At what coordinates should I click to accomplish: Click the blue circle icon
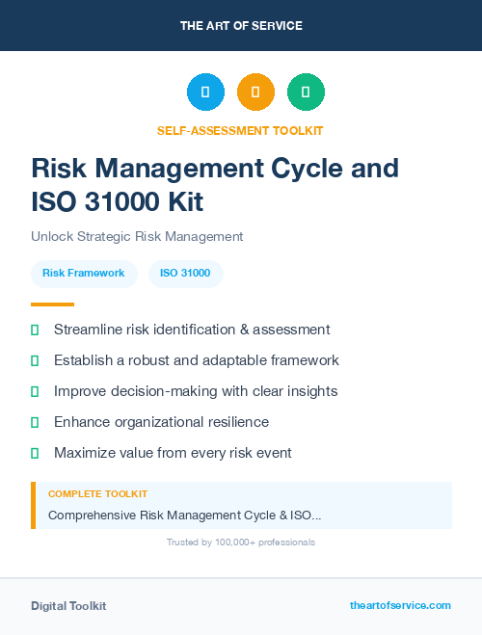[205, 93]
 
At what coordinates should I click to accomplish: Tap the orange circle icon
[255, 93]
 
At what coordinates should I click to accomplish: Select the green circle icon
[306, 93]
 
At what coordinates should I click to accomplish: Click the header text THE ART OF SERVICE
[241, 26]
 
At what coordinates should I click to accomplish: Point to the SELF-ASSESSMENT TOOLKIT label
[240, 130]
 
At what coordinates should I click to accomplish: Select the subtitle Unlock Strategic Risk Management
[137, 236]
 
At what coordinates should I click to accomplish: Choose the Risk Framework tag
[83, 273]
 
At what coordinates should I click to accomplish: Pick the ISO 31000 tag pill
[185, 273]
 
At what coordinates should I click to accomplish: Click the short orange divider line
[52, 304]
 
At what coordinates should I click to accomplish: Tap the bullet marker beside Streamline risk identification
[35, 330]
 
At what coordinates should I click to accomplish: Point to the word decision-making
[160, 391]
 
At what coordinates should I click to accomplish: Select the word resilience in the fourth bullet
[234, 422]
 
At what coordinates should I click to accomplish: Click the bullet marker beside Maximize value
[35, 453]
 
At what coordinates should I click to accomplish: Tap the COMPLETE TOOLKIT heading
[97, 494]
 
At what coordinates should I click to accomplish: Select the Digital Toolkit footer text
[68, 606]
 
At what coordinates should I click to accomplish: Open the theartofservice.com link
[400, 605]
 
